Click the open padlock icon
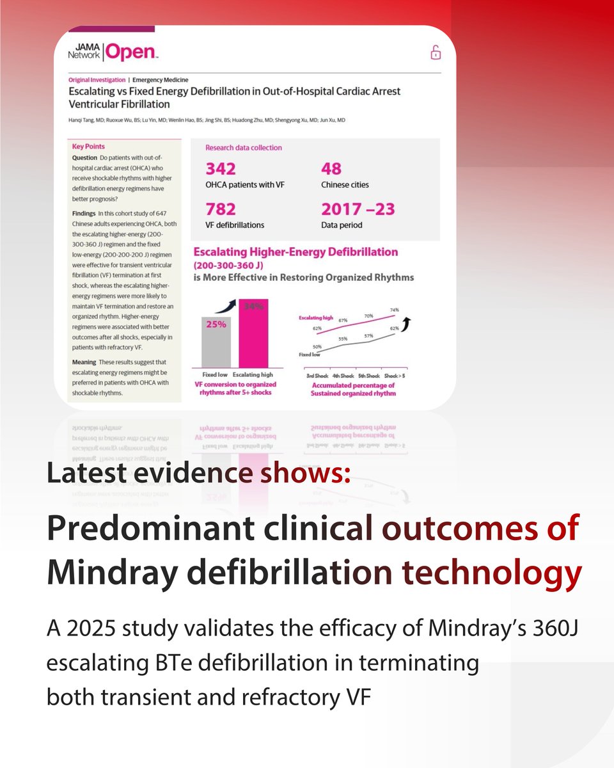436,52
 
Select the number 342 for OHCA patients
221,169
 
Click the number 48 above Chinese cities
331,169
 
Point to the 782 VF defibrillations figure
221,209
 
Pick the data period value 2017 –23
358,209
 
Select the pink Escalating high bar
253,333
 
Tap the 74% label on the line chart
395,310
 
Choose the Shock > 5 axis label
395,376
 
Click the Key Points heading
88,147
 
